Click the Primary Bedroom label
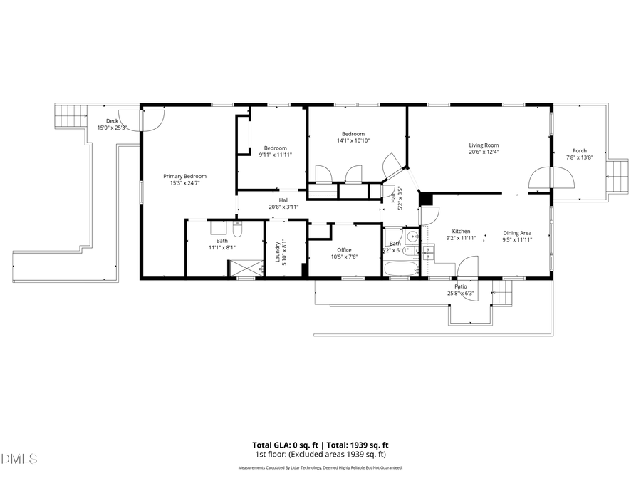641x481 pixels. (184, 176)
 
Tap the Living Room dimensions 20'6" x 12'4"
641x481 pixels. (484, 152)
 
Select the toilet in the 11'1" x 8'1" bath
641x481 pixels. (238, 229)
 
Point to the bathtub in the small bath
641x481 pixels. (401, 269)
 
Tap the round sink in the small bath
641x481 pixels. (412, 237)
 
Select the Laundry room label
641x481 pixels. (278, 250)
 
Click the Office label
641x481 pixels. (345, 249)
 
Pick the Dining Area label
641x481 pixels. (517, 232)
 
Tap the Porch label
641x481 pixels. (580, 150)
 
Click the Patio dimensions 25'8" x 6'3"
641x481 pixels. (461, 294)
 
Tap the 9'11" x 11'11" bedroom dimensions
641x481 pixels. (275, 155)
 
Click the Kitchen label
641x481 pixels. (461, 231)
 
